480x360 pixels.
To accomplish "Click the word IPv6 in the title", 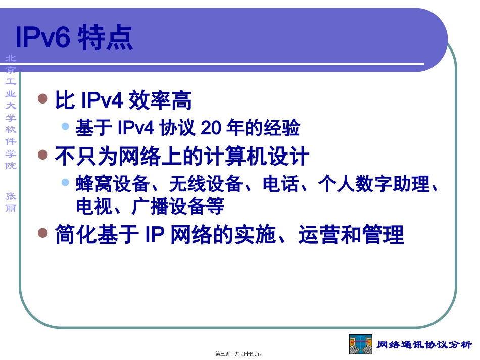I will pos(42,37).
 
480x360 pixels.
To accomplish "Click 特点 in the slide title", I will pos(105,37).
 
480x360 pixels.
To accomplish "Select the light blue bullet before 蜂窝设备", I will pos(65,182).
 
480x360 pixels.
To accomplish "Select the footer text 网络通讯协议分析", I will pos(424,345).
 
